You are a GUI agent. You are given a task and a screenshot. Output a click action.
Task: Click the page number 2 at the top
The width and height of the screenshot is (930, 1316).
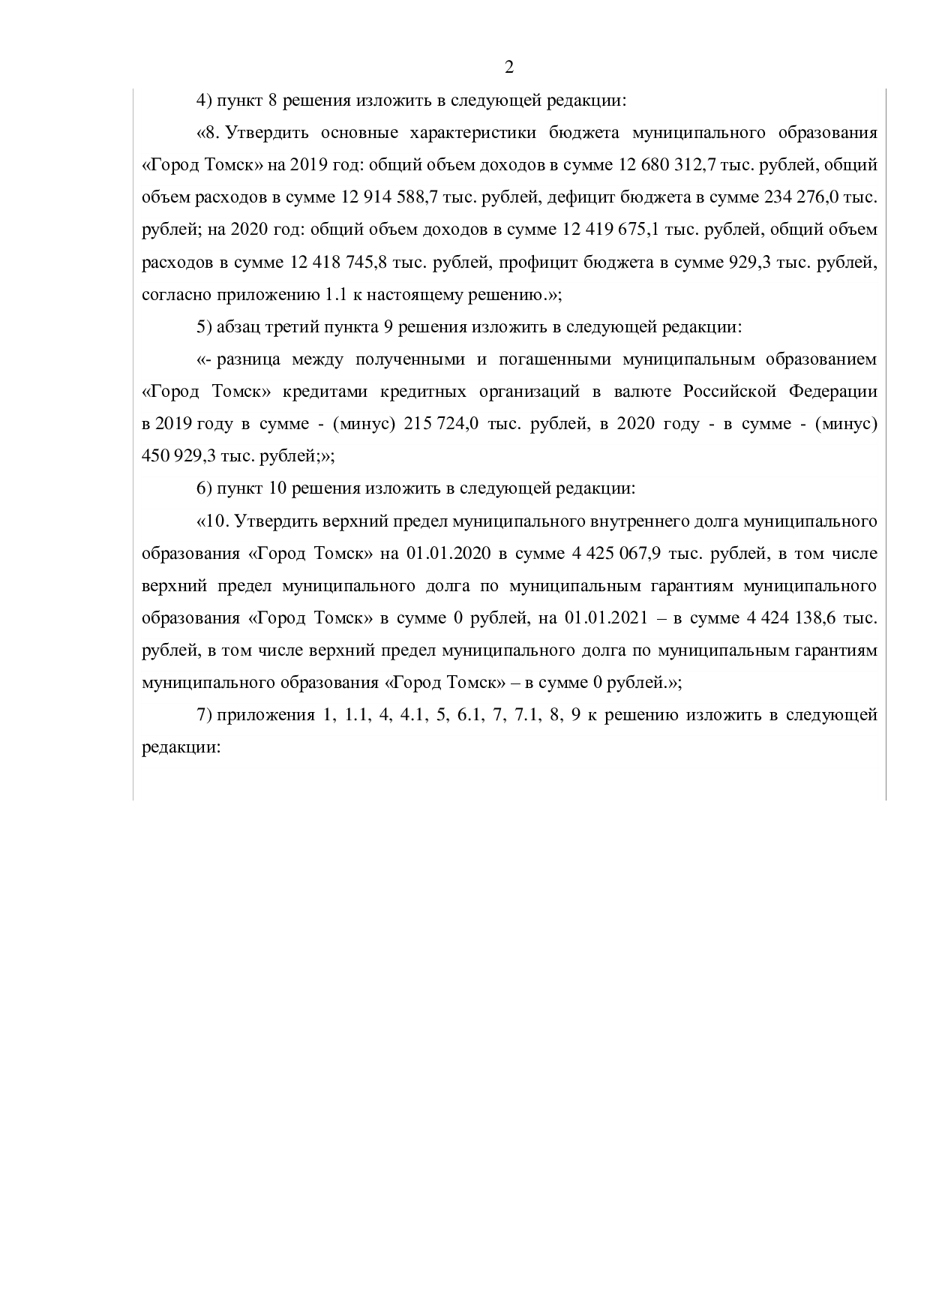(x=508, y=68)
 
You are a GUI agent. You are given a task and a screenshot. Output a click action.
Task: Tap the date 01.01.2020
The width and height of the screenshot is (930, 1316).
(x=448, y=554)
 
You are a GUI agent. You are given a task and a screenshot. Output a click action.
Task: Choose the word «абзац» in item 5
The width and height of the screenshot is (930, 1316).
(x=238, y=327)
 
